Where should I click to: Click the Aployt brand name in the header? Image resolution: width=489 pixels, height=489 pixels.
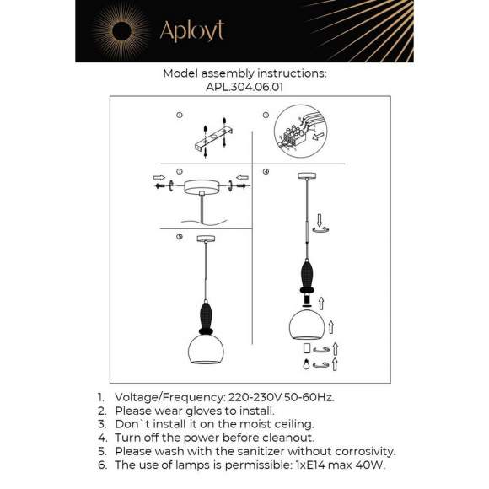[x=192, y=31]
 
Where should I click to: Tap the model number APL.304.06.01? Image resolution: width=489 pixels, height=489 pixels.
[x=244, y=86]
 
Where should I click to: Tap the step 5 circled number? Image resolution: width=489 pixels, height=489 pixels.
[x=180, y=237]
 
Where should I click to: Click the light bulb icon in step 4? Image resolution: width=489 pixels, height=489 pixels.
[x=305, y=364]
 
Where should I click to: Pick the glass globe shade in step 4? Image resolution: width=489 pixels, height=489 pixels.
[x=305, y=325]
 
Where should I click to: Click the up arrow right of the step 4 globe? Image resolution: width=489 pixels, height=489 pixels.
[x=333, y=325]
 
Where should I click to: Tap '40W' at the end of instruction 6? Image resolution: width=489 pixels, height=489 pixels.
[x=372, y=465]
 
